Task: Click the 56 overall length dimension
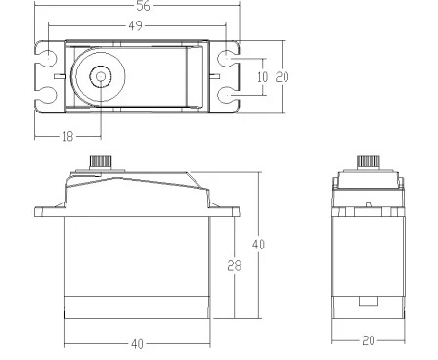click(x=143, y=6)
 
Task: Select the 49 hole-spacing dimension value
click(x=136, y=25)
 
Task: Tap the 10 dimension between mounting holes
click(x=262, y=77)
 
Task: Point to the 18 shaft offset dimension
click(x=67, y=136)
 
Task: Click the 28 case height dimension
click(x=235, y=265)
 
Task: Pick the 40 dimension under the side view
click(x=137, y=344)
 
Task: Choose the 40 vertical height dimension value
click(x=258, y=244)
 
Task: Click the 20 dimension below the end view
click(x=369, y=340)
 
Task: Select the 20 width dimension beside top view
click(x=282, y=77)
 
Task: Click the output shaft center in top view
click(x=101, y=76)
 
